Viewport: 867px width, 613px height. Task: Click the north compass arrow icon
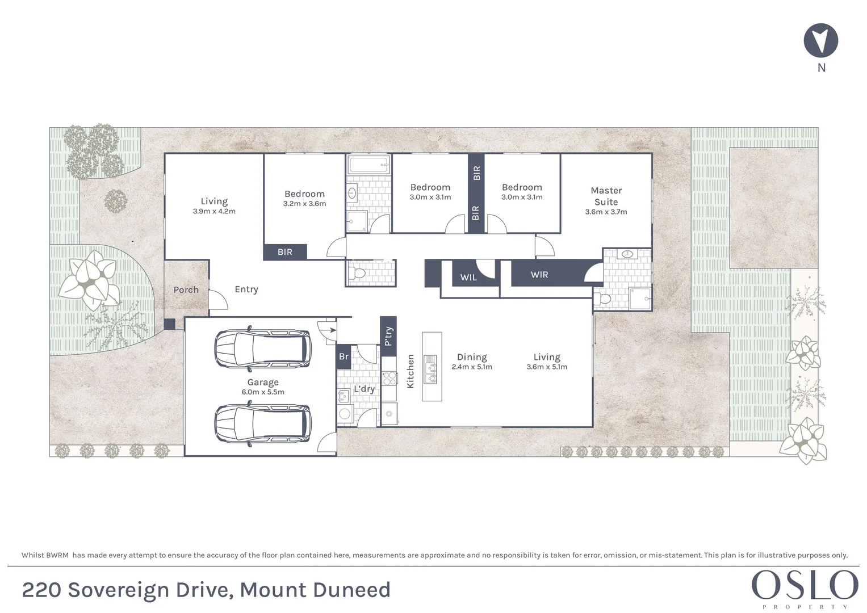820,40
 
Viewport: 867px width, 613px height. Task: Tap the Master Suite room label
606,196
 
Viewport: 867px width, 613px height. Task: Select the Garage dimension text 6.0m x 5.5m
263,392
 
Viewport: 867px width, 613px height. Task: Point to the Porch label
186,289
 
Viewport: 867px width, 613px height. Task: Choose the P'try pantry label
388,336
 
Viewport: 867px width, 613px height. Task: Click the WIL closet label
468,278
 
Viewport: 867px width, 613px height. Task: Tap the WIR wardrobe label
539,275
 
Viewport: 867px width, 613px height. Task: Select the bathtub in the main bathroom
368,166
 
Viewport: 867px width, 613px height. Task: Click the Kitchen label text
411,371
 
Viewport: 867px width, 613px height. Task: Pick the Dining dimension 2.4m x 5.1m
472,367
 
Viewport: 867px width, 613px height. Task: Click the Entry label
246,289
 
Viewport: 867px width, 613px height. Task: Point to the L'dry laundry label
364,389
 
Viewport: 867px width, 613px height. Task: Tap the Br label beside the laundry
344,356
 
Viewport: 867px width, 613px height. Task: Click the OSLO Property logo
805,587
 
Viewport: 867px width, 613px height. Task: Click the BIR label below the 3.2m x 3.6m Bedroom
285,251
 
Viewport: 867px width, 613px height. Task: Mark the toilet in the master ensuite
604,299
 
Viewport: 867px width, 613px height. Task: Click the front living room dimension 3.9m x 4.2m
214,211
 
